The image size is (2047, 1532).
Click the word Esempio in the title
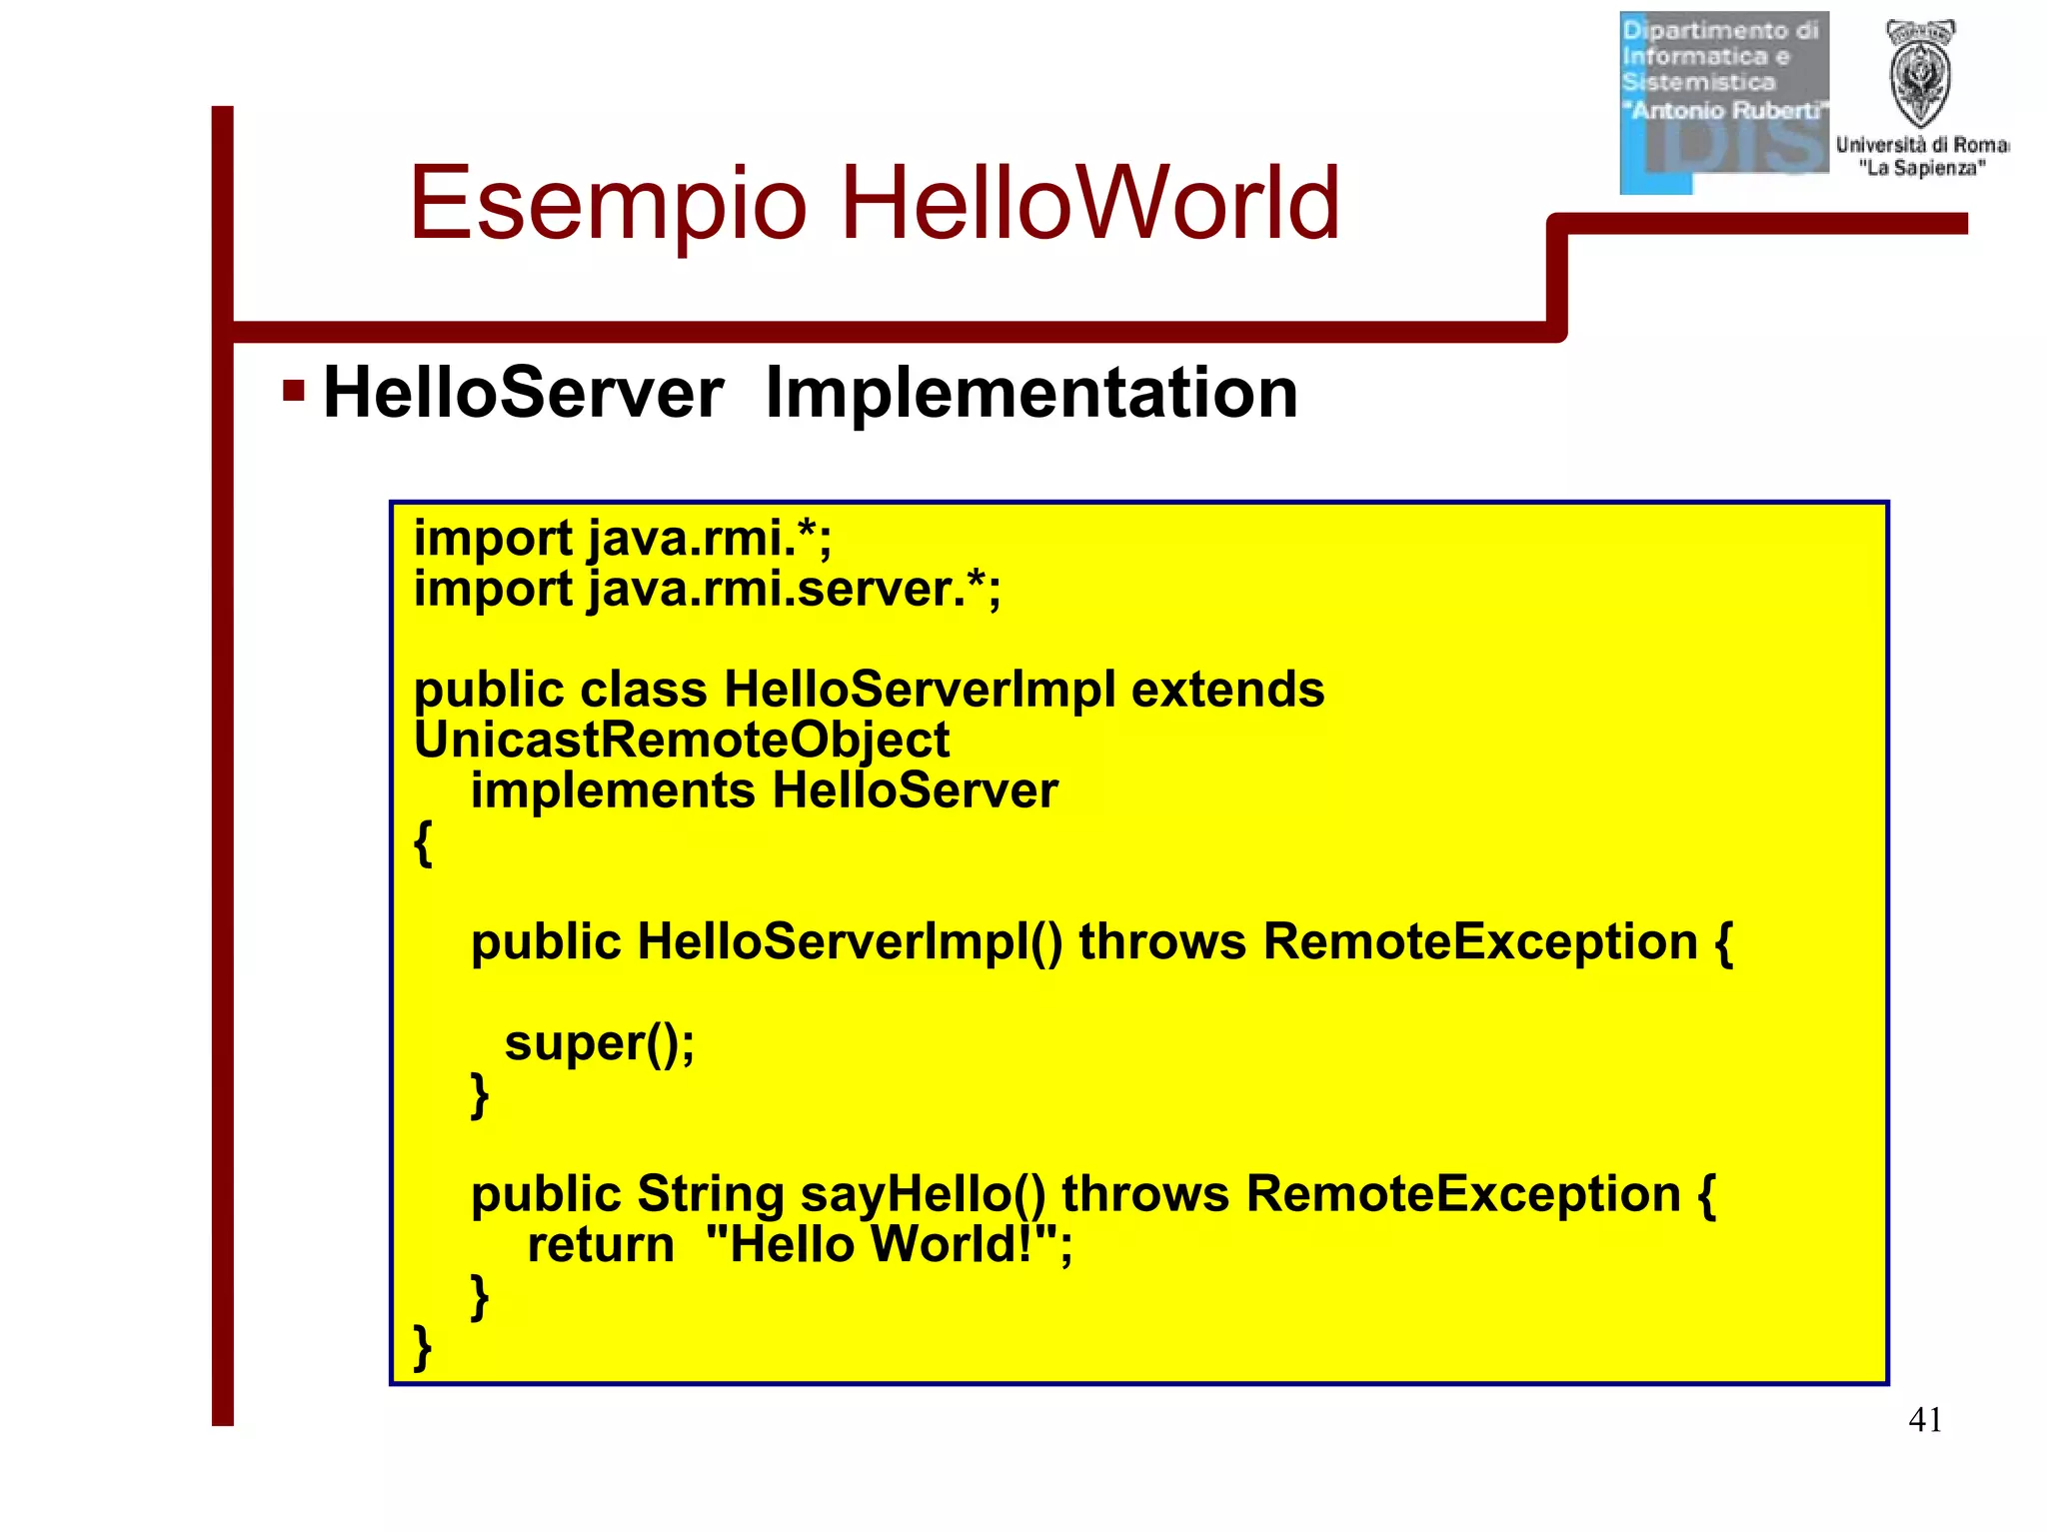coord(607,204)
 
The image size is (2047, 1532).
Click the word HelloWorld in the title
coord(1089,204)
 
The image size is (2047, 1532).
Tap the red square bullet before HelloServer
coord(293,390)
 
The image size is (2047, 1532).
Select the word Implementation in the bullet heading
coord(1030,393)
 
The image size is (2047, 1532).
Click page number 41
coord(1924,1419)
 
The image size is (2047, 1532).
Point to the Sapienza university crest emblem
coord(1920,75)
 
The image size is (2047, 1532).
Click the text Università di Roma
coord(1921,145)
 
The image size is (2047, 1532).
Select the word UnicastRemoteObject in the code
coord(681,741)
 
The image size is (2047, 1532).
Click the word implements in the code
coord(613,790)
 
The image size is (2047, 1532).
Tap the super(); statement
coord(599,1043)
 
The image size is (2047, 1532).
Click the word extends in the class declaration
coord(1227,690)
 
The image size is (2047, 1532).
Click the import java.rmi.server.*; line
coord(707,589)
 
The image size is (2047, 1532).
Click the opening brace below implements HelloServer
coord(423,842)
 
